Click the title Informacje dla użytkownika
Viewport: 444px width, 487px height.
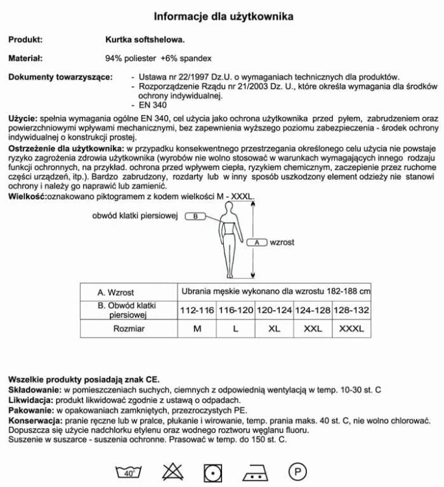[223, 16]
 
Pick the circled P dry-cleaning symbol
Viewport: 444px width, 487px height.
[297, 471]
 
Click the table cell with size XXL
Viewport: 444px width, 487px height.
[313, 329]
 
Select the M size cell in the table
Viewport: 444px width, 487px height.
[197, 329]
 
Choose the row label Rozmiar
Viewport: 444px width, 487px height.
[129, 329]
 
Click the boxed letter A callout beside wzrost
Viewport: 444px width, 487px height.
[257, 242]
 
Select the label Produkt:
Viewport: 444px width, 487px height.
[25, 39]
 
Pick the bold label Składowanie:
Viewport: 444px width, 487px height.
[32, 390]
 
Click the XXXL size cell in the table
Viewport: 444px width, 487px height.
[352, 329]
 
